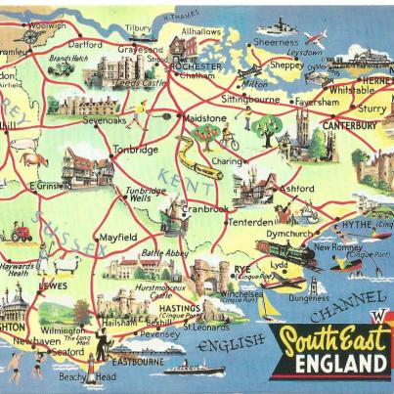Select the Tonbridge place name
pos(136,151)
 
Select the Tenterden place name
pos(251,222)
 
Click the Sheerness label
pos(277,43)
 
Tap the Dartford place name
pos(86,44)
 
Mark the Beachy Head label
pos(85,377)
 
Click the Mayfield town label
pos(117,237)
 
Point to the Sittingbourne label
pos(250,100)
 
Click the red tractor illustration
pos(20,234)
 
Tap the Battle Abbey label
pos(167,253)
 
